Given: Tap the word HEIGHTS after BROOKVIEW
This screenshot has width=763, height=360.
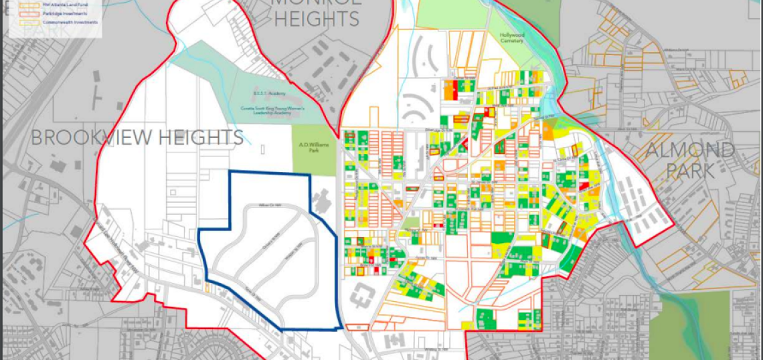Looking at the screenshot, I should tap(199, 137).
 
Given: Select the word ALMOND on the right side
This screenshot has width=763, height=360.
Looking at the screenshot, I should tap(689, 150).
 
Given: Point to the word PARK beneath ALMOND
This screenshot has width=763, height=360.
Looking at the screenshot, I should tap(689, 171).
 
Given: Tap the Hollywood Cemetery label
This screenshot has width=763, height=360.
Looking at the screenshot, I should tap(512, 37).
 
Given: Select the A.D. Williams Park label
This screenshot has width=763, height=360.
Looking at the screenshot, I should tap(313, 147).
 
